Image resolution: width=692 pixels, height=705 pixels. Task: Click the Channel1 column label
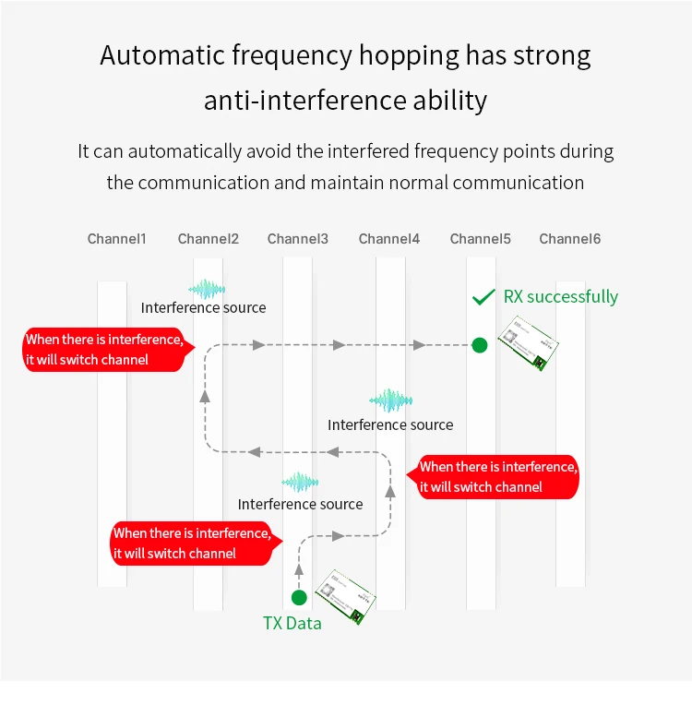point(116,239)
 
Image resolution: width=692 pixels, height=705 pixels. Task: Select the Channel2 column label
point(208,239)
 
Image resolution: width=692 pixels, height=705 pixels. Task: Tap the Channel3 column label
point(297,239)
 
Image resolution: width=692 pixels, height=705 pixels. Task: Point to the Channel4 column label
point(388,239)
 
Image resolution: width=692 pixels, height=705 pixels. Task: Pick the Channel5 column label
point(480,239)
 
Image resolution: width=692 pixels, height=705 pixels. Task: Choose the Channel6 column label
point(569,239)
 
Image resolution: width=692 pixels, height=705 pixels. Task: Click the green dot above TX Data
point(298,597)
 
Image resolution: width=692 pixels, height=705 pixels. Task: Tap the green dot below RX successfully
point(479,345)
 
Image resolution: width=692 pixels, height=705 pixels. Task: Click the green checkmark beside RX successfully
point(483,297)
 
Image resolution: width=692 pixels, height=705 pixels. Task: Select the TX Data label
point(292,623)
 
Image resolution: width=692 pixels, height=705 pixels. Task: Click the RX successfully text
point(560,296)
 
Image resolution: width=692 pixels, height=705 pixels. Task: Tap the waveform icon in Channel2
point(207,289)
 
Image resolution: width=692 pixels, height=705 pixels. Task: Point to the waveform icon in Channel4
point(390,400)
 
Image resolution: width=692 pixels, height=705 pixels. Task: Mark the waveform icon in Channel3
point(300,483)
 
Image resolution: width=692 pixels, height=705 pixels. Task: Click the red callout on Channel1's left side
point(103,350)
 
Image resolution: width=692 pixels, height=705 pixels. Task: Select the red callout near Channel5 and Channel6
point(498,476)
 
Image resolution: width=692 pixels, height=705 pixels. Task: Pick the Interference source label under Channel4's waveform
point(390,424)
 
